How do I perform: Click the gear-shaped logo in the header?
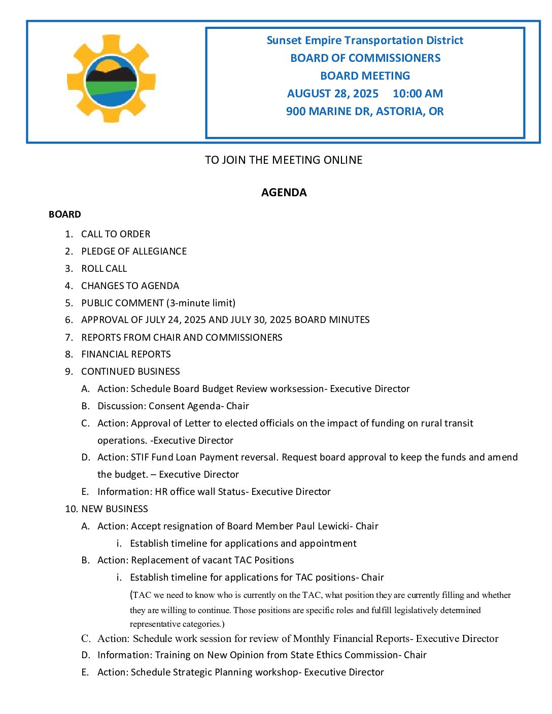111,79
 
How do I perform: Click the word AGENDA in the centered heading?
284,193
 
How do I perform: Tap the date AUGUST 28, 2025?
333,94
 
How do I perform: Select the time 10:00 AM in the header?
418,94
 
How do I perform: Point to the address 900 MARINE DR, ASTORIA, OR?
365,112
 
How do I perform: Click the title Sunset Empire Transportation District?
365,41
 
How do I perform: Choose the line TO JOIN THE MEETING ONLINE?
284,160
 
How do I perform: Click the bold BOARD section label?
65,215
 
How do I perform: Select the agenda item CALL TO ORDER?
116,234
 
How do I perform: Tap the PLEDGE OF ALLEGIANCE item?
134,252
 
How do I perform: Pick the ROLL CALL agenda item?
104,269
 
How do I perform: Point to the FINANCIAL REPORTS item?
126,354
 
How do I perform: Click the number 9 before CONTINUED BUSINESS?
68,372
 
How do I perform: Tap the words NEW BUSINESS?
115,509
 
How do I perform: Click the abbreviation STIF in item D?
140,457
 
